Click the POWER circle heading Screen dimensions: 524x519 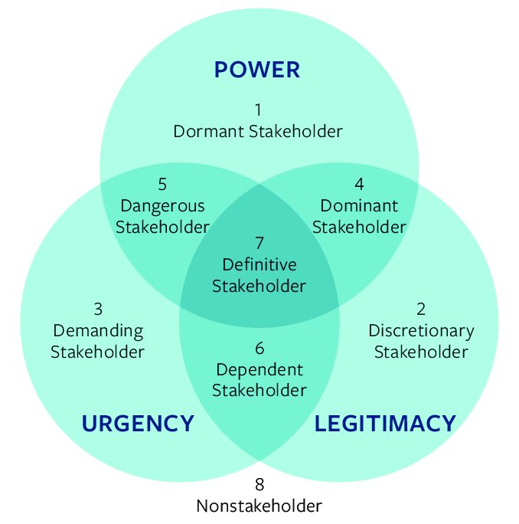(257, 70)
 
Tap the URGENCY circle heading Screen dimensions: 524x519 (138, 423)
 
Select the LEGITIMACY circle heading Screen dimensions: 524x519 (385, 423)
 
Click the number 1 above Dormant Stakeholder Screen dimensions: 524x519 (258, 110)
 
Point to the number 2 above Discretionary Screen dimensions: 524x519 (421, 309)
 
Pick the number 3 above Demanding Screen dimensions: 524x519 (98, 309)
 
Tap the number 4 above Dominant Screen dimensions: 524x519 (359, 184)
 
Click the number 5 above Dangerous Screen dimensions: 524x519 (162, 184)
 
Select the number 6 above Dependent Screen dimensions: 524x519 (259, 349)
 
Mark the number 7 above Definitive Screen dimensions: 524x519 (259, 244)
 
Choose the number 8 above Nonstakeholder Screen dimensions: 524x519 (259, 484)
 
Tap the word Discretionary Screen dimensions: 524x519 (421, 331)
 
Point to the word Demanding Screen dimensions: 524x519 (98, 331)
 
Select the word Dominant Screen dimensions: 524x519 (359, 205)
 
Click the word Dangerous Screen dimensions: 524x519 (163, 205)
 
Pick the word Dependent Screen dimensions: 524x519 (259, 369)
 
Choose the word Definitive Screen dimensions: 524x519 (259, 265)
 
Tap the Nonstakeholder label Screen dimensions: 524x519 (259, 506)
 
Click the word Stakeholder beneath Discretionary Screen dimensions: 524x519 (421, 352)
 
